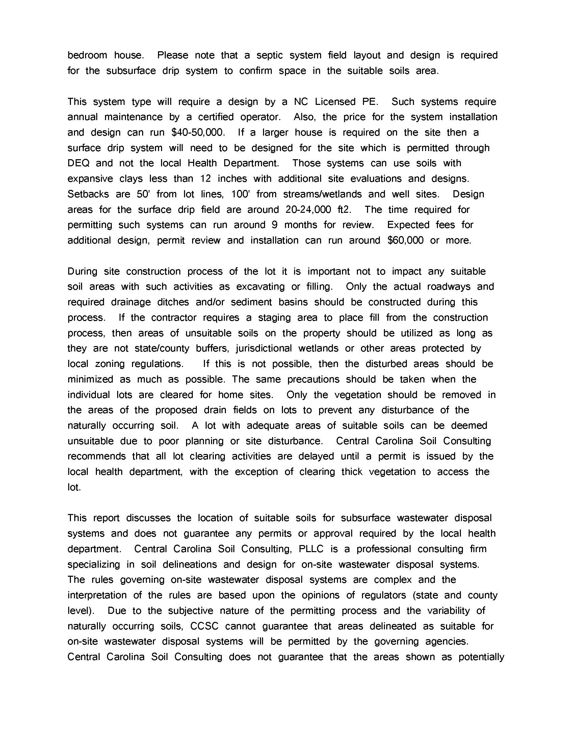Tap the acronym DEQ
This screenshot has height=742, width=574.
point(78,164)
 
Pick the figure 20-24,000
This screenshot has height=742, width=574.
point(308,210)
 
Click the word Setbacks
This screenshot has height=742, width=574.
point(88,194)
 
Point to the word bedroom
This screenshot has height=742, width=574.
point(87,55)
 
